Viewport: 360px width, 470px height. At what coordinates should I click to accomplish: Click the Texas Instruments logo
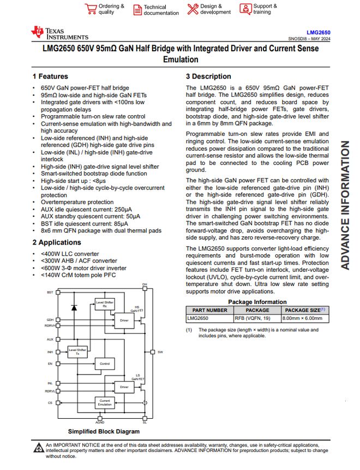59,33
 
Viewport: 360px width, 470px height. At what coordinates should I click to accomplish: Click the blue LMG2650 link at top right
319,32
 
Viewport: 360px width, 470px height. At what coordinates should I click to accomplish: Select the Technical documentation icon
136,9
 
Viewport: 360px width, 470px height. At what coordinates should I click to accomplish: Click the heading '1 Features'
50,76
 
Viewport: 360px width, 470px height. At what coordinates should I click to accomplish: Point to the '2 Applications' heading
56,242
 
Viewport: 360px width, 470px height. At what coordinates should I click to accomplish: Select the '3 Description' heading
208,76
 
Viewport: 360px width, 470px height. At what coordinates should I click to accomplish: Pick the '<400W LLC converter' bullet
70,254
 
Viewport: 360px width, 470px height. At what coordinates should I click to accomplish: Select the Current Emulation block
104,403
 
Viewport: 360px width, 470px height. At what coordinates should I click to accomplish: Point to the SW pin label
160,352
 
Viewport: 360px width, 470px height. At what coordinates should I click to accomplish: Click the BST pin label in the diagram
50,293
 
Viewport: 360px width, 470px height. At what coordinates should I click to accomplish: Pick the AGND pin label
100,422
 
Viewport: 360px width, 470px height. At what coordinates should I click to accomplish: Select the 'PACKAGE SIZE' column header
304,310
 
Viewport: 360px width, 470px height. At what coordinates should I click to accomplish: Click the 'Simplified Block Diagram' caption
104,431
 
